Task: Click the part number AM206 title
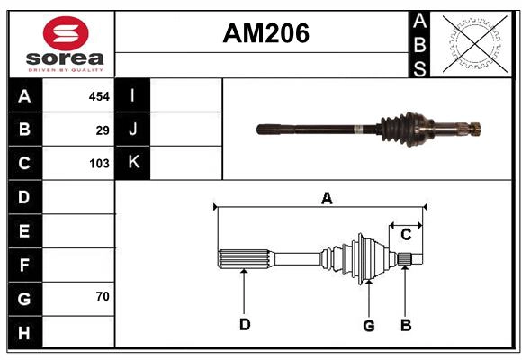265,33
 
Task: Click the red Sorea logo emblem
65,35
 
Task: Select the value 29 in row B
103,130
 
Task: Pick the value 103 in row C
99,164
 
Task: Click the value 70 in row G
103,296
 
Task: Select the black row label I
132,95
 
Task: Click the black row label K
132,163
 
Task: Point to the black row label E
24,231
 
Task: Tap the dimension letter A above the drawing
327,198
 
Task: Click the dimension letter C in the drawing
406,234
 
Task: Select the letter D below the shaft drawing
244,324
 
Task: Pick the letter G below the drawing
368,325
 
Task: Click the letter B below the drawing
406,324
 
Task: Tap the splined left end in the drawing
244,258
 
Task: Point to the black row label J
132,130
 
